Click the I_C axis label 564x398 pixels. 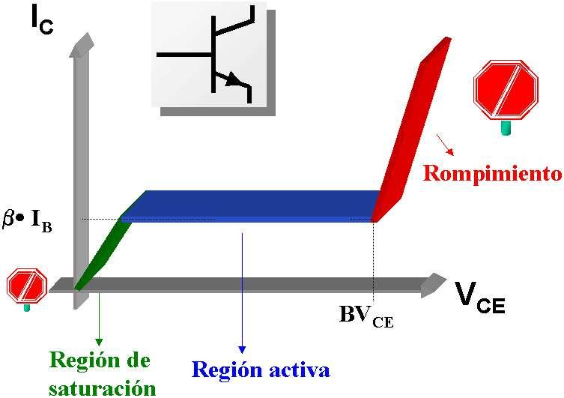point(42,20)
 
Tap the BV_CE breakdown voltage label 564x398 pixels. point(366,315)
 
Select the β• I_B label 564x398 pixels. point(37,223)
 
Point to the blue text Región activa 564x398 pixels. point(260,369)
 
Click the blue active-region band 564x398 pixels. point(255,206)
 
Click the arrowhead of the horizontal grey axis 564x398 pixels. point(434,283)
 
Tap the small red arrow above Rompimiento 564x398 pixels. point(444,144)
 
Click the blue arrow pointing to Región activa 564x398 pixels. point(242,292)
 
